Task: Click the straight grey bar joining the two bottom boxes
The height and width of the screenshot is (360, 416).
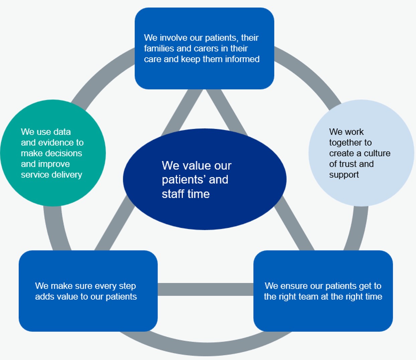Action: click(205, 289)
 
